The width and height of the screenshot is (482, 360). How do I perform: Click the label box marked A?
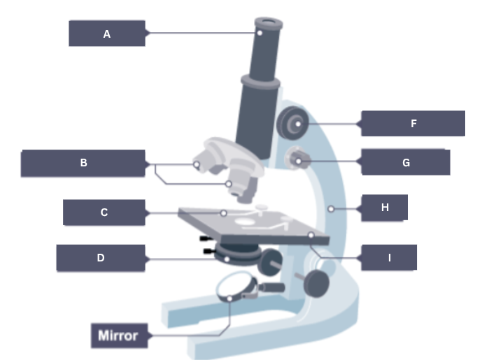coord(106,34)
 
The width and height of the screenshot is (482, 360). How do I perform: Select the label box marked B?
coord(83,164)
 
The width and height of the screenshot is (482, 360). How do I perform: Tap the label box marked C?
coord(104,213)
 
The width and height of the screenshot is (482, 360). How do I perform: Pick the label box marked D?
coord(101,258)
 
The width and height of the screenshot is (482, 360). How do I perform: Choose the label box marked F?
coord(413,124)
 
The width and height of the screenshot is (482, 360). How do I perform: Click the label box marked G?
coord(406,163)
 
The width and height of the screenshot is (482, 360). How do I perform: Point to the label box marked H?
coord(384,208)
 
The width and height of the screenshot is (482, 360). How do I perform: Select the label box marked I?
coord(389,258)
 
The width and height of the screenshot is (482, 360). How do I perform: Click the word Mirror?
coord(118,336)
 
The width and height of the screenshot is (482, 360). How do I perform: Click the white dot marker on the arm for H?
coord(330,208)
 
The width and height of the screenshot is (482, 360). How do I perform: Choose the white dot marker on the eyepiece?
coord(259,31)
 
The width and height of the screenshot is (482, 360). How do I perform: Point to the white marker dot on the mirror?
coord(230,299)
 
